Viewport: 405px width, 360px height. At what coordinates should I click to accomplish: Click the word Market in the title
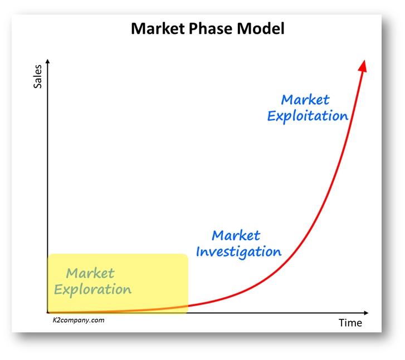pos(158,28)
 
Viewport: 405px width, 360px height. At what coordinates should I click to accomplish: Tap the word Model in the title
pos(261,28)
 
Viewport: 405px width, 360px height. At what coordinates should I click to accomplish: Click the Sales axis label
pos(38,77)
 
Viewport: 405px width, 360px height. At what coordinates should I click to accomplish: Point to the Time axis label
pos(350,323)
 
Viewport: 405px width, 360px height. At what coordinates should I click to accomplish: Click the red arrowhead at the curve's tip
pos(363,66)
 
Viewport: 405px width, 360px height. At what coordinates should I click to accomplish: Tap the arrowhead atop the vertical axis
pos(47,61)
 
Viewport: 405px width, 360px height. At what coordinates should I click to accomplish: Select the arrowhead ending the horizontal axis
pos(366,313)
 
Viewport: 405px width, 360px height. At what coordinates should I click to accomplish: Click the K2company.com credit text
pos(79,320)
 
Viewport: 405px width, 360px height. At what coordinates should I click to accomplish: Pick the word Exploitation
pos(308,116)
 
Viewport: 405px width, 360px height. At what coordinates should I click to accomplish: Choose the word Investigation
pos(238,251)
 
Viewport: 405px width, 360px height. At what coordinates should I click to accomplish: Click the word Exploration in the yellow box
pos(92,289)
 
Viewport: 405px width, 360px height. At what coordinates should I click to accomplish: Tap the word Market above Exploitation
pos(305,100)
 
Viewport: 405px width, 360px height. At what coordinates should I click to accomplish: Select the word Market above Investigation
pos(236,235)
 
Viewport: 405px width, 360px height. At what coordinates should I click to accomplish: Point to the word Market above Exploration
pos(90,273)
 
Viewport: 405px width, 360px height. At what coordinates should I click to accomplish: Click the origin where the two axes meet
pos(48,313)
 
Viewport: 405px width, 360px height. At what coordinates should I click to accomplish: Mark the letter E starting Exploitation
pos(271,116)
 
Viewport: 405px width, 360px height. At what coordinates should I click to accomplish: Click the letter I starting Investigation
pos(199,251)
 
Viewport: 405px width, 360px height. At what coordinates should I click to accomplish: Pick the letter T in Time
pos(341,323)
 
